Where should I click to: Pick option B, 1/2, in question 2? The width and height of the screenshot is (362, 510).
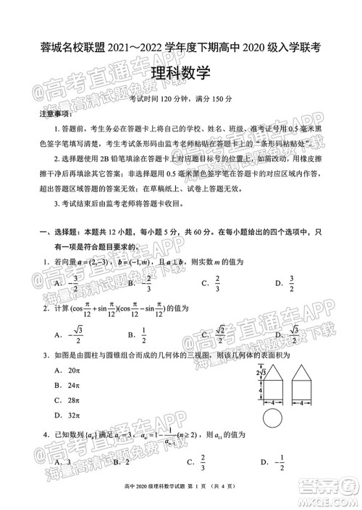[x=138, y=334]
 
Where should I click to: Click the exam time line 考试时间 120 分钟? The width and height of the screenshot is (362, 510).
[x=181, y=98]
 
